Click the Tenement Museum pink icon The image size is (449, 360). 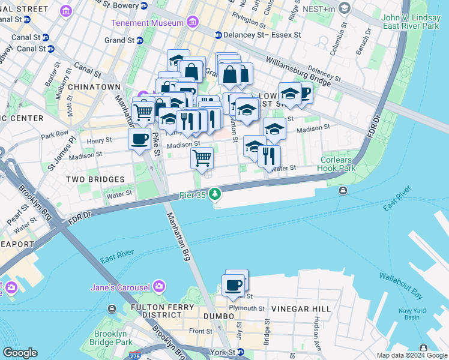click(193, 23)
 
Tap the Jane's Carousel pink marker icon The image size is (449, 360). click(160, 285)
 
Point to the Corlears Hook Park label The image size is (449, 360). click(338, 164)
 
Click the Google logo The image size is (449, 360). click(20, 353)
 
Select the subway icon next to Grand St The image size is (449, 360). click(139, 41)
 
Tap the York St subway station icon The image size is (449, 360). click(240, 352)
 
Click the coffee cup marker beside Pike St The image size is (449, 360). click(140, 140)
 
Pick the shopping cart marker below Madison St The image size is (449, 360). click(202, 158)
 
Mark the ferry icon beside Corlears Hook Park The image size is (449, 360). click(342, 191)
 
